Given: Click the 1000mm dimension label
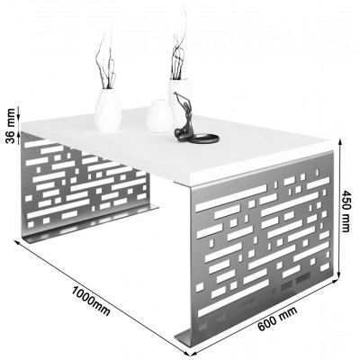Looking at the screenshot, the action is pos(91,301).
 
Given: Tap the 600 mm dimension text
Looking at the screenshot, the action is pos(277,319).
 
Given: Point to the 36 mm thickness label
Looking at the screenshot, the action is pos(11,126).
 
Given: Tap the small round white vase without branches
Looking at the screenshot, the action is pos(159,116).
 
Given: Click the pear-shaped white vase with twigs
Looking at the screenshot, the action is pos(108,110).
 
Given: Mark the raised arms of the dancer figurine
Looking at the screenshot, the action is pos(179,97).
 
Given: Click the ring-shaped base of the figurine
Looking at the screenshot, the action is pos(204,139).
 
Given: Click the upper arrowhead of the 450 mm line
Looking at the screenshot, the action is pos(340,142).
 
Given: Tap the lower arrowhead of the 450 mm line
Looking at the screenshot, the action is pos(339,275).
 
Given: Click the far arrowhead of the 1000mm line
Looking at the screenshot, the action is pos(17,243).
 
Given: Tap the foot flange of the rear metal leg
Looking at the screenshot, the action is pos(90,223).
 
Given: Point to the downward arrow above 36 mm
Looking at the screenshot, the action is pos(19,112).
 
